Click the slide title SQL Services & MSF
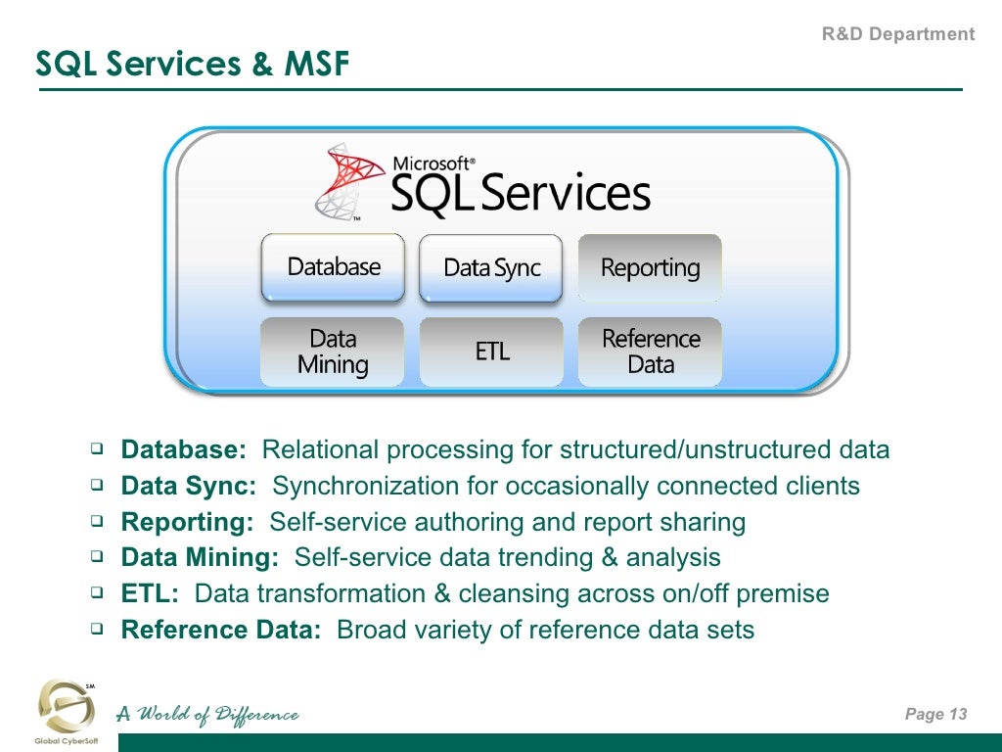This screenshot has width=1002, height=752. coord(192,64)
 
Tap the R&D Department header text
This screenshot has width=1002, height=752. coord(897,34)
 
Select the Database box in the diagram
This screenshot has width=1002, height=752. coord(333,267)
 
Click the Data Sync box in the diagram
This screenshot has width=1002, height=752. coord(491,268)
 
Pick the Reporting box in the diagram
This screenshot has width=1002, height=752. coord(650,267)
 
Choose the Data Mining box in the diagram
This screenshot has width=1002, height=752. coord(333,352)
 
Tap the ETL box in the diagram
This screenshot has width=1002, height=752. coord(491,352)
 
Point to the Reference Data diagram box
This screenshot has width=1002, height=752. coord(650,352)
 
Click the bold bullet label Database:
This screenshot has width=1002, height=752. coord(184,450)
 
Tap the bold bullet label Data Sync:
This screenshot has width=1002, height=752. coord(189,487)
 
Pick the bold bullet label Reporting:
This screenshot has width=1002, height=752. coord(187,522)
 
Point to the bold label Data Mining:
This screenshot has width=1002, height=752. coord(200,558)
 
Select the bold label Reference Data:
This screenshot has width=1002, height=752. coord(221,630)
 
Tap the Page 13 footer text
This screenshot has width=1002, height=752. coord(935,714)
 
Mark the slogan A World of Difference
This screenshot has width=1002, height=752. coord(207,715)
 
